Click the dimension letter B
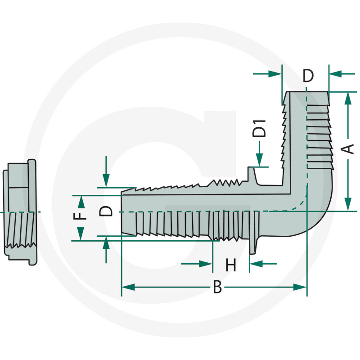(x=217, y=287)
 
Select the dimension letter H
(x=231, y=265)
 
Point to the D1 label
(x=259, y=129)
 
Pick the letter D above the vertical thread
(x=308, y=76)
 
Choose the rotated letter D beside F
(x=106, y=211)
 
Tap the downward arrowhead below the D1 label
(x=260, y=161)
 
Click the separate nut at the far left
(x=20, y=211)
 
